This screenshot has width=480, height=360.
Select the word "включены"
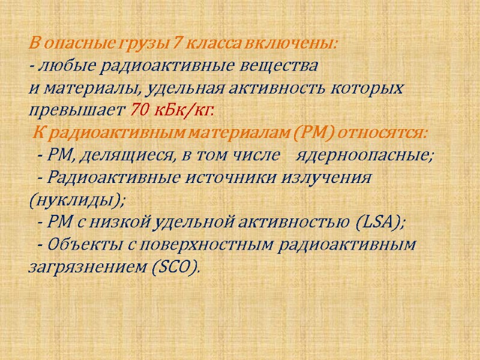click(299, 44)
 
